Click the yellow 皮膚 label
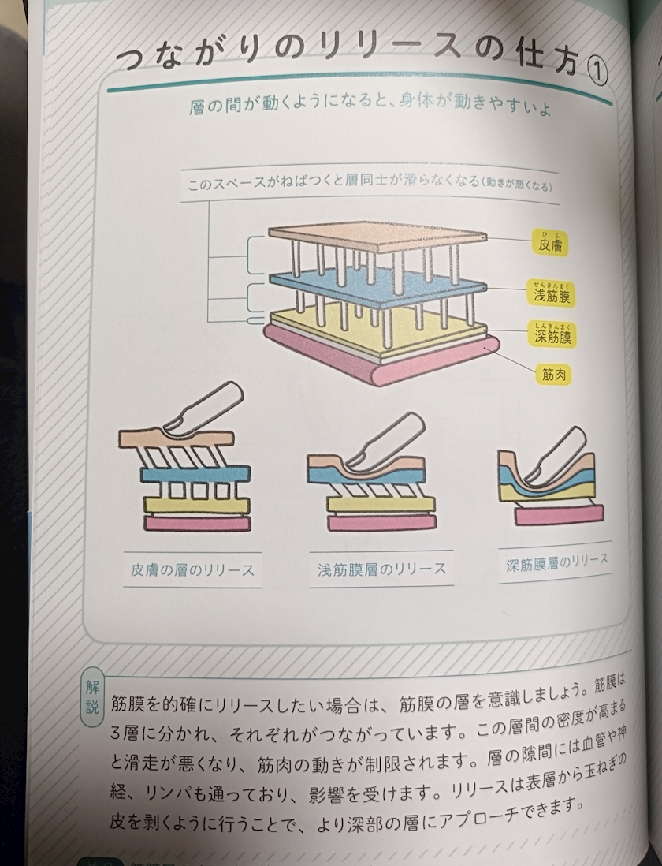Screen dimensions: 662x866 coord(550,242)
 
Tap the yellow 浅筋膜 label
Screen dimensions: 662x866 coord(552,293)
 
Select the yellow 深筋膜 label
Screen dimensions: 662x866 coord(552,334)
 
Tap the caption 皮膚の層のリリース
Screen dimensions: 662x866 coord(192,569)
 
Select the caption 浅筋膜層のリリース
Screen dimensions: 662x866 coord(381,569)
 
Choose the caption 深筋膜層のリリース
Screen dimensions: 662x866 coord(556,562)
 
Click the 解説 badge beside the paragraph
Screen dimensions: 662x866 coord(91,697)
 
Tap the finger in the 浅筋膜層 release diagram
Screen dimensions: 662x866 coord(386,439)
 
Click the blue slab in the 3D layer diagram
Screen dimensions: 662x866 coord(378,291)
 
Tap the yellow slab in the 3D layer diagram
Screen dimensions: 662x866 coord(378,331)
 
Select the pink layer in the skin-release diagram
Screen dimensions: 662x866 coord(197,522)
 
